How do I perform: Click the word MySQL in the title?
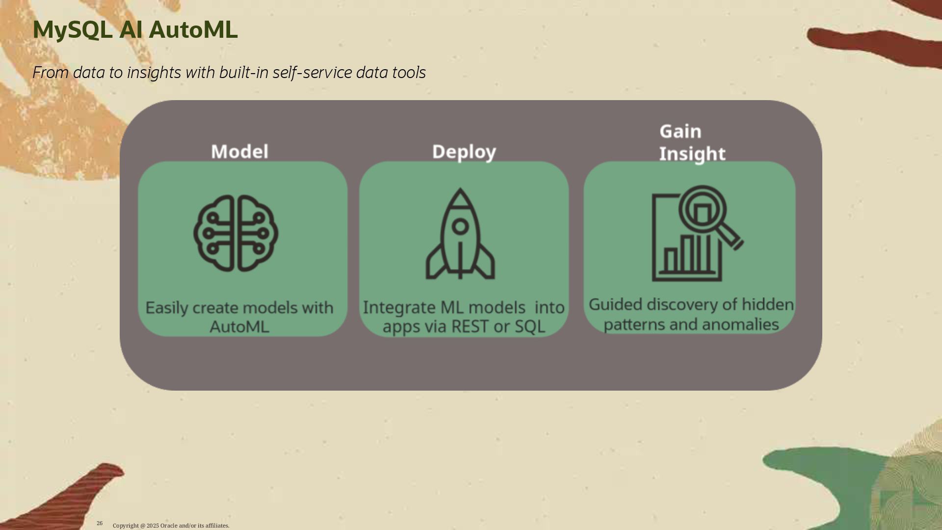point(73,30)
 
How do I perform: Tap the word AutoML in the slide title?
point(193,30)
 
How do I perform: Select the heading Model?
point(239,152)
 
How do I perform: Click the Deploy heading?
point(464,152)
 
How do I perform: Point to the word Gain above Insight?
point(680,132)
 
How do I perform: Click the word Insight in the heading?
point(692,154)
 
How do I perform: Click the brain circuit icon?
point(235,233)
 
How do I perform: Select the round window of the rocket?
point(460,226)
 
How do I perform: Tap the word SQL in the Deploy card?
point(530,327)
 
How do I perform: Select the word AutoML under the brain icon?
point(239,327)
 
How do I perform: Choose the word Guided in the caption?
point(615,305)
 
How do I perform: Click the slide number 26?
point(100,523)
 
